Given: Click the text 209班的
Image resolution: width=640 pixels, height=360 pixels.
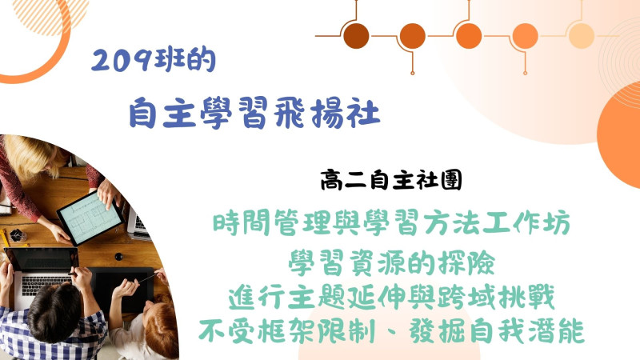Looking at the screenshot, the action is (x=153, y=61).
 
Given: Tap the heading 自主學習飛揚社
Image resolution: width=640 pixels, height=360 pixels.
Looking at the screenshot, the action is (x=254, y=112).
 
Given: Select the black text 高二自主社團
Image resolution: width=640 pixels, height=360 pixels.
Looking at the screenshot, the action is (x=391, y=180).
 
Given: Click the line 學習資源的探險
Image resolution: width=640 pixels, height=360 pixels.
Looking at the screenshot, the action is (x=392, y=262).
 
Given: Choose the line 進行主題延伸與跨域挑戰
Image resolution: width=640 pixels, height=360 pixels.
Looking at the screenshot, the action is (x=391, y=297).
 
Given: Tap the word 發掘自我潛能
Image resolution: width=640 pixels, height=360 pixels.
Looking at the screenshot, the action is (x=496, y=330).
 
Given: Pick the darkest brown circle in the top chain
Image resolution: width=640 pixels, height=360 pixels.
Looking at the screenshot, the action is (x=356, y=36).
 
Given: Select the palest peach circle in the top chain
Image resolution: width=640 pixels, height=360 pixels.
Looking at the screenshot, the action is (x=582, y=36).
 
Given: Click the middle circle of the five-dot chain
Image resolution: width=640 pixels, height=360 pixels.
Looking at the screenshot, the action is (x=469, y=36).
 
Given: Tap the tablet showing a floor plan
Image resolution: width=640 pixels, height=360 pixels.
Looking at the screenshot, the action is (x=90, y=218).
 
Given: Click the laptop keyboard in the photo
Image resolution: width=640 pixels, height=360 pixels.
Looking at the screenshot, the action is (x=46, y=284).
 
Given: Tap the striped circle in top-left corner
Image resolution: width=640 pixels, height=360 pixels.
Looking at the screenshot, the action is (x=51, y=14).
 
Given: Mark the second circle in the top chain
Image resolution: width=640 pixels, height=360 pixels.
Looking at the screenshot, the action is (x=412, y=36).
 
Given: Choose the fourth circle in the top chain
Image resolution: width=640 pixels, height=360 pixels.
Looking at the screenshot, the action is (x=525, y=36).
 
